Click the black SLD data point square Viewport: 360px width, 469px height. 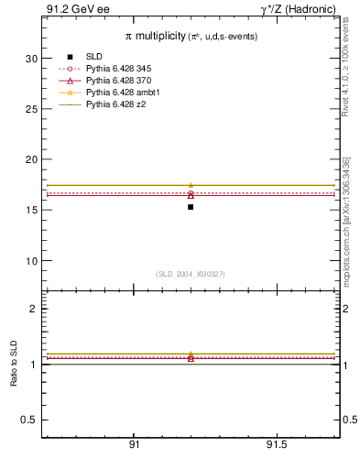[x=191, y=207]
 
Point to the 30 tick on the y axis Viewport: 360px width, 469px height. [x=31, y=59]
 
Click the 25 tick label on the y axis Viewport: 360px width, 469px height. [x=31, y=109]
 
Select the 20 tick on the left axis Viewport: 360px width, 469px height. [x=31, y=159]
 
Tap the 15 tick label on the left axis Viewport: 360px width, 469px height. [x=31, y=210]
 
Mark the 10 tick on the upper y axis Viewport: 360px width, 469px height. [x=31, y=261]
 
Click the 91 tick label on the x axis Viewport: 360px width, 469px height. [x=134, y=445]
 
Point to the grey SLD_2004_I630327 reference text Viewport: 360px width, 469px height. [x=191, y=274]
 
